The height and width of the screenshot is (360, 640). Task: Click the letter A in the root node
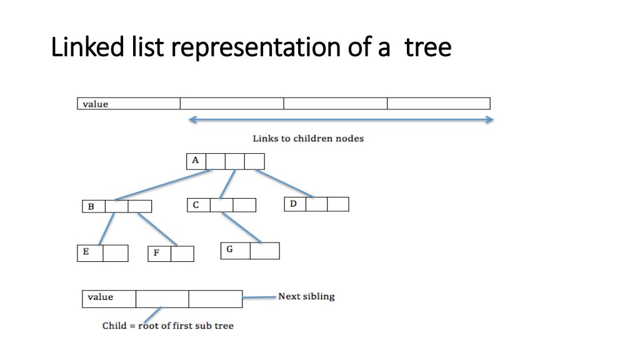(x=196, y=161)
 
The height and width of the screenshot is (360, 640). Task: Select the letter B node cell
(x=92, y=206)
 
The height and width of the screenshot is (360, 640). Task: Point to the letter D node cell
(x=294, y=204)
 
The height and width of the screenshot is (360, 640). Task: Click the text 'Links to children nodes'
(x=307, y=138)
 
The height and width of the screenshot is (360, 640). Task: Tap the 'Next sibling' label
(x=306, y=296)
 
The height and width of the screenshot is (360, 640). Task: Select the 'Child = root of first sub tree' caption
(x=168, y=326)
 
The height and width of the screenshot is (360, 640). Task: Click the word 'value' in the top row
(x=96, y=104)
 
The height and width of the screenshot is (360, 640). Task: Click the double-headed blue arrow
(x=341, y=119)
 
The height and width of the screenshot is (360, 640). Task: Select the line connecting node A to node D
(x=284, y=183)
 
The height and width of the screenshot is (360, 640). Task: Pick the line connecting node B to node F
(x=157, y=229)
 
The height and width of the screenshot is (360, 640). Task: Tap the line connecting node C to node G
(x=242, y=227)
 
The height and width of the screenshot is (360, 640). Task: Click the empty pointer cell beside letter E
(x=116, y=253)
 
